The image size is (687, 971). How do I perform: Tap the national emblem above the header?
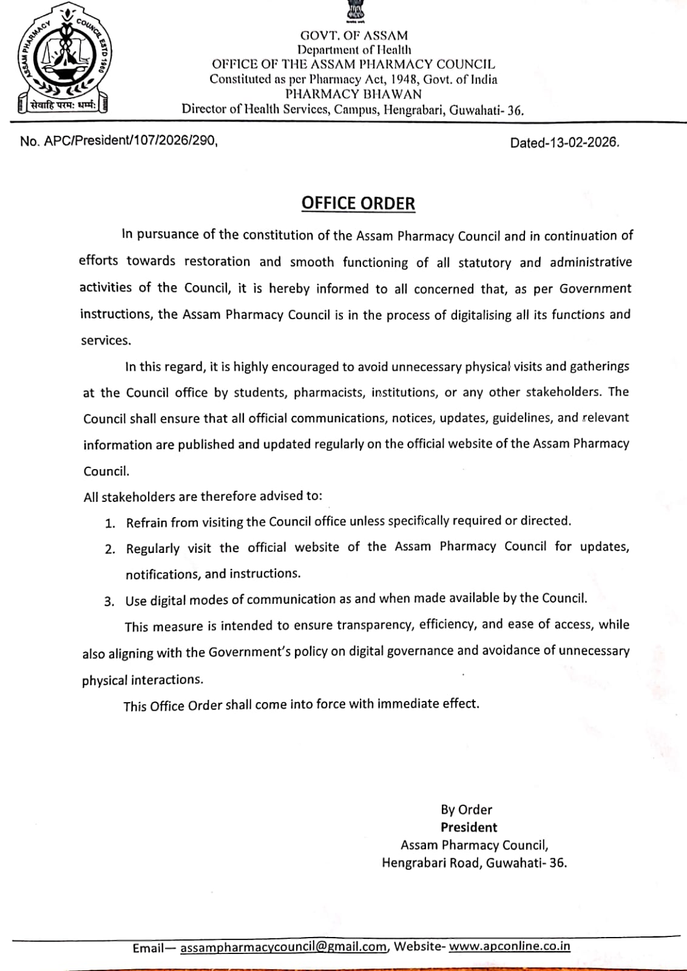tap(354, 12)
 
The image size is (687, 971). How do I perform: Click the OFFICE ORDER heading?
tap(358, 203)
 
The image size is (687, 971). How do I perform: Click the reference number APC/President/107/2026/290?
tap(130, 141)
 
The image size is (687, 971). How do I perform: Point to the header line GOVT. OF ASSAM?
tap(354, 36)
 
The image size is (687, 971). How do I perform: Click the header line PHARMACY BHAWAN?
tap(353, 94)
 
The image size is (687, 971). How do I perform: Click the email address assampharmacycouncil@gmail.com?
tap(283, 947)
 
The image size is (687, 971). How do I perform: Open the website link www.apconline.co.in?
tap(509, 946)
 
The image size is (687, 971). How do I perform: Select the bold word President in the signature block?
tap(469, 827)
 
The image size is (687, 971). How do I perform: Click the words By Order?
tap(466, 810)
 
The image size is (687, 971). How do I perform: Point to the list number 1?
tap(110, 523)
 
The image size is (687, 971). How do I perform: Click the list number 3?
tap(109, 601)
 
